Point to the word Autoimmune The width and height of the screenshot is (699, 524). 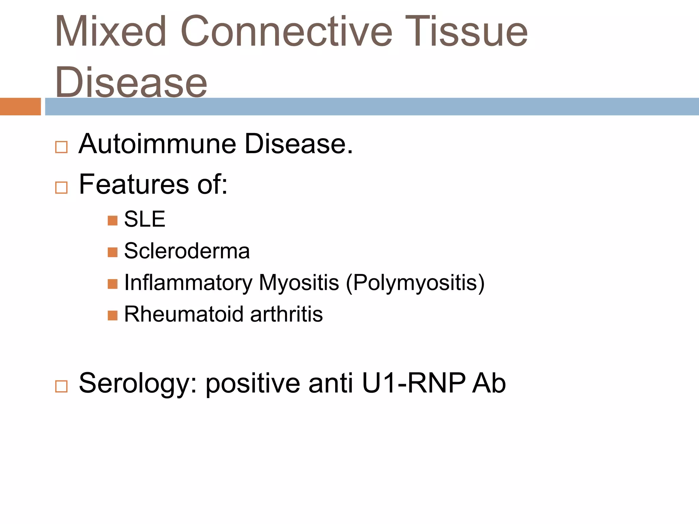157,144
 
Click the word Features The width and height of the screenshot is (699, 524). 134,184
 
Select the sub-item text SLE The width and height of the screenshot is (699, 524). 145,219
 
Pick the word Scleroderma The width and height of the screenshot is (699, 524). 187,251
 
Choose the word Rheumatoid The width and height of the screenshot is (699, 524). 184,314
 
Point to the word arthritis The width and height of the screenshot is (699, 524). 286,314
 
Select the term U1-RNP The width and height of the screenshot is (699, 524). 413,383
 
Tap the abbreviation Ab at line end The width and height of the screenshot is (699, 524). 489,383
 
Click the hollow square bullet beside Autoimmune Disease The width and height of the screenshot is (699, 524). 61,147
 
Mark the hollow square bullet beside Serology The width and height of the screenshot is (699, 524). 61,387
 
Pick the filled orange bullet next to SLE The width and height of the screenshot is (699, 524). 112,221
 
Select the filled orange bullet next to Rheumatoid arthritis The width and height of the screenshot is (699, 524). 112,316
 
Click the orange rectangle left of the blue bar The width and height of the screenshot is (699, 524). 20,106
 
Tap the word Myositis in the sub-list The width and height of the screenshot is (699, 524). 299,283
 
